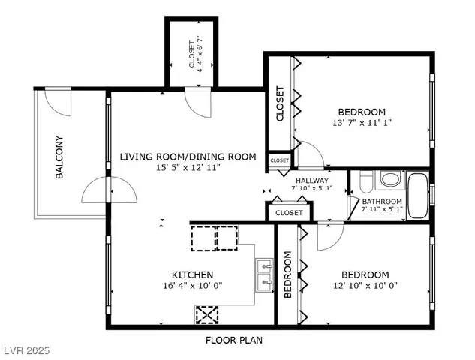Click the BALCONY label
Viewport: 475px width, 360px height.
point(59,157)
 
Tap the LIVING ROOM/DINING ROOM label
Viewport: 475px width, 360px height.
point(188,157)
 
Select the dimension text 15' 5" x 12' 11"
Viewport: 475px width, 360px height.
point(188,167)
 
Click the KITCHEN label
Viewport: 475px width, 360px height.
point(192,274)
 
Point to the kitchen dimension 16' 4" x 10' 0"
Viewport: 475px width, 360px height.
point(193,285)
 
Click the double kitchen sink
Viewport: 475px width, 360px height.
point(264,275)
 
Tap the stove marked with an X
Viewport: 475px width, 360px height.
point(207,314)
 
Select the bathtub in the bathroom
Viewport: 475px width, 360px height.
point(417,195)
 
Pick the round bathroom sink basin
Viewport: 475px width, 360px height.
point(390,179)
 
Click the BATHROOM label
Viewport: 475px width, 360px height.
point(382,201)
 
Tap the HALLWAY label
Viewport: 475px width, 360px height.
point(312,181)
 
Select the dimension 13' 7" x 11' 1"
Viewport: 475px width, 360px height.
point(362,123)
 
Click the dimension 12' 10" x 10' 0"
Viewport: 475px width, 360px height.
point(365,285)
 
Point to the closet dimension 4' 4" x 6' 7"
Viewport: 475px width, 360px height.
point(200,54)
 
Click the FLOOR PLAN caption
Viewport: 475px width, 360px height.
point(234,340)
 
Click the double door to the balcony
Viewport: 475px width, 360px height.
point(109,190)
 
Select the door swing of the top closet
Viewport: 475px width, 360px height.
point(198,103)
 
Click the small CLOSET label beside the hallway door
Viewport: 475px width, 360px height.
point(279,160)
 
